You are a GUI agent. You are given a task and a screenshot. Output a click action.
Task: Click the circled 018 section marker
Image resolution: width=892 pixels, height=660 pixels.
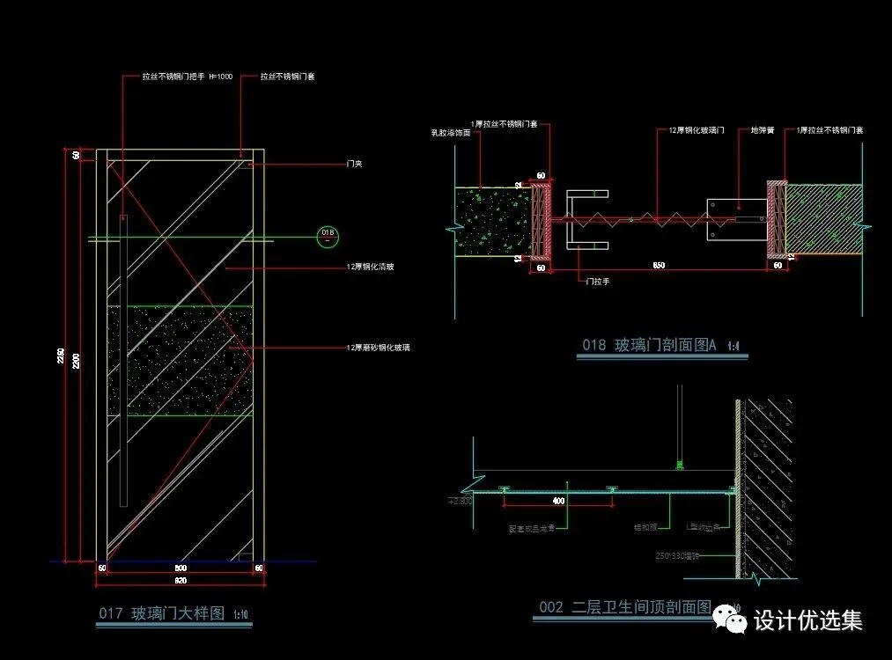point(328,235)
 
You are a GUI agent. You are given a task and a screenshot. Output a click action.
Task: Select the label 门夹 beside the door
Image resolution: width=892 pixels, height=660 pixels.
point(355,164)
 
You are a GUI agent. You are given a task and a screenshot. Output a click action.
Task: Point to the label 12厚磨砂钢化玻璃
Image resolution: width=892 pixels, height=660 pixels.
point(378,348)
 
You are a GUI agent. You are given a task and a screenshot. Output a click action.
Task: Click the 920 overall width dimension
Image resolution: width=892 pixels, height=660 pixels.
point(180,581)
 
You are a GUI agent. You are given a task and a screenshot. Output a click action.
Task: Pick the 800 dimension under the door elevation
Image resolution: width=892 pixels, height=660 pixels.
point(180,568)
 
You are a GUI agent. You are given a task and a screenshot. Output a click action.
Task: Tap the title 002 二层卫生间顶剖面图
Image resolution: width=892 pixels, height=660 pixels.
point(624,607)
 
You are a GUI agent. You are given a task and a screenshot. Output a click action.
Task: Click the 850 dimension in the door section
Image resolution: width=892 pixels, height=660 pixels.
point(659,265)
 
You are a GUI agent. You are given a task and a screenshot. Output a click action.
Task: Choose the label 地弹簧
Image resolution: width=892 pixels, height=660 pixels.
point(762,130)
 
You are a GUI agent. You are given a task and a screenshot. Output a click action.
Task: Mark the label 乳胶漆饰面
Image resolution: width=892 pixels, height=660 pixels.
point(447,133)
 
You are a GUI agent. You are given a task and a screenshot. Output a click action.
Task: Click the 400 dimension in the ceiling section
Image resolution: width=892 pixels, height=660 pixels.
point(558,501)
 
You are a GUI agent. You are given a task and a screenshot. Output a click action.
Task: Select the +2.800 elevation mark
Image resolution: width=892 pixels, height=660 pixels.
point(461,501)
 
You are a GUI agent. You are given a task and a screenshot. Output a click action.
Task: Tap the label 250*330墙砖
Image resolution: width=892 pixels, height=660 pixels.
point(677,555)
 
